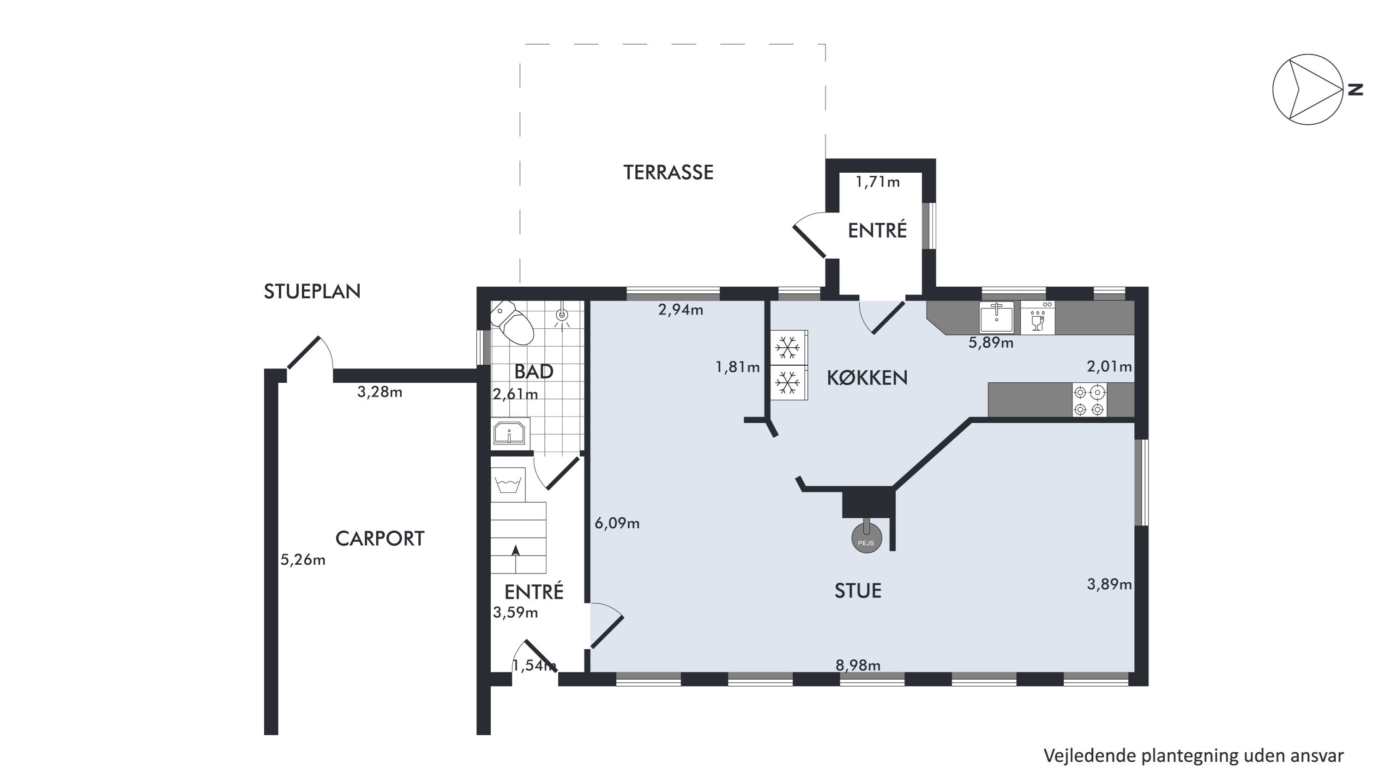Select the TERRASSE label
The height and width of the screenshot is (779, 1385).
668,173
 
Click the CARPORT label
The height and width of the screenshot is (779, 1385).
379,539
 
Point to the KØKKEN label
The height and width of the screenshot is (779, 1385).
867,378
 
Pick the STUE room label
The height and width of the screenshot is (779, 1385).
858,591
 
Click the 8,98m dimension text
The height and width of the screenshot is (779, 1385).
858,665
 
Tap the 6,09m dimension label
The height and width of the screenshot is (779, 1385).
617,523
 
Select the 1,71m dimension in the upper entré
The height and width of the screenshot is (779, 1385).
878,182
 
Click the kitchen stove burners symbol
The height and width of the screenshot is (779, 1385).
1089,400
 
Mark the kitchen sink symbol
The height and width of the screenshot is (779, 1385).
996,318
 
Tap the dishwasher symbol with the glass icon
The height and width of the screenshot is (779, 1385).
1038,318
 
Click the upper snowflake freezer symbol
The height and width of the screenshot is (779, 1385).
788,347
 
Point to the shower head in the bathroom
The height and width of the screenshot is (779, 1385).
562,317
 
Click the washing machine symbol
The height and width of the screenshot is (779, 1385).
507,484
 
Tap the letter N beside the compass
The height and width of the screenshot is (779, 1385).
1355,90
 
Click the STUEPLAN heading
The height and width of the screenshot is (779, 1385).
312,291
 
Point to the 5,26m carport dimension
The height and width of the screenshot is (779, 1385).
303,560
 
